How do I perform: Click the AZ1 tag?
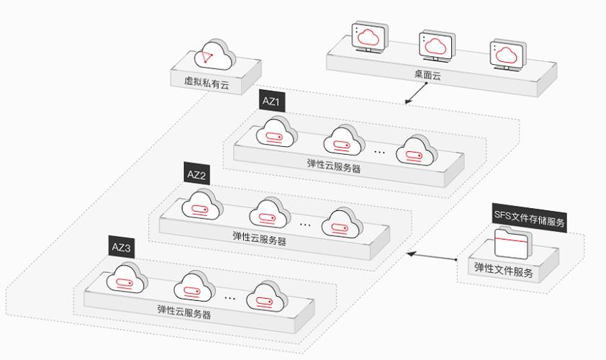click(272, 102)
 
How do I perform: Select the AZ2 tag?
click(196, 174)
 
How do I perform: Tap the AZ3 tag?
click(122, 248)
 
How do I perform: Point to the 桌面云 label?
click(426, 73)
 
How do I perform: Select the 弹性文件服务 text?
click(504, 272)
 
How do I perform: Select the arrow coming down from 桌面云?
click(415, 94)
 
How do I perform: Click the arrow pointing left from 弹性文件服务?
click(432, 256)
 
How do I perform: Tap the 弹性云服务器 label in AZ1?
click(333, 168)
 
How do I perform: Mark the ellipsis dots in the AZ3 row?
click(230, 297)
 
